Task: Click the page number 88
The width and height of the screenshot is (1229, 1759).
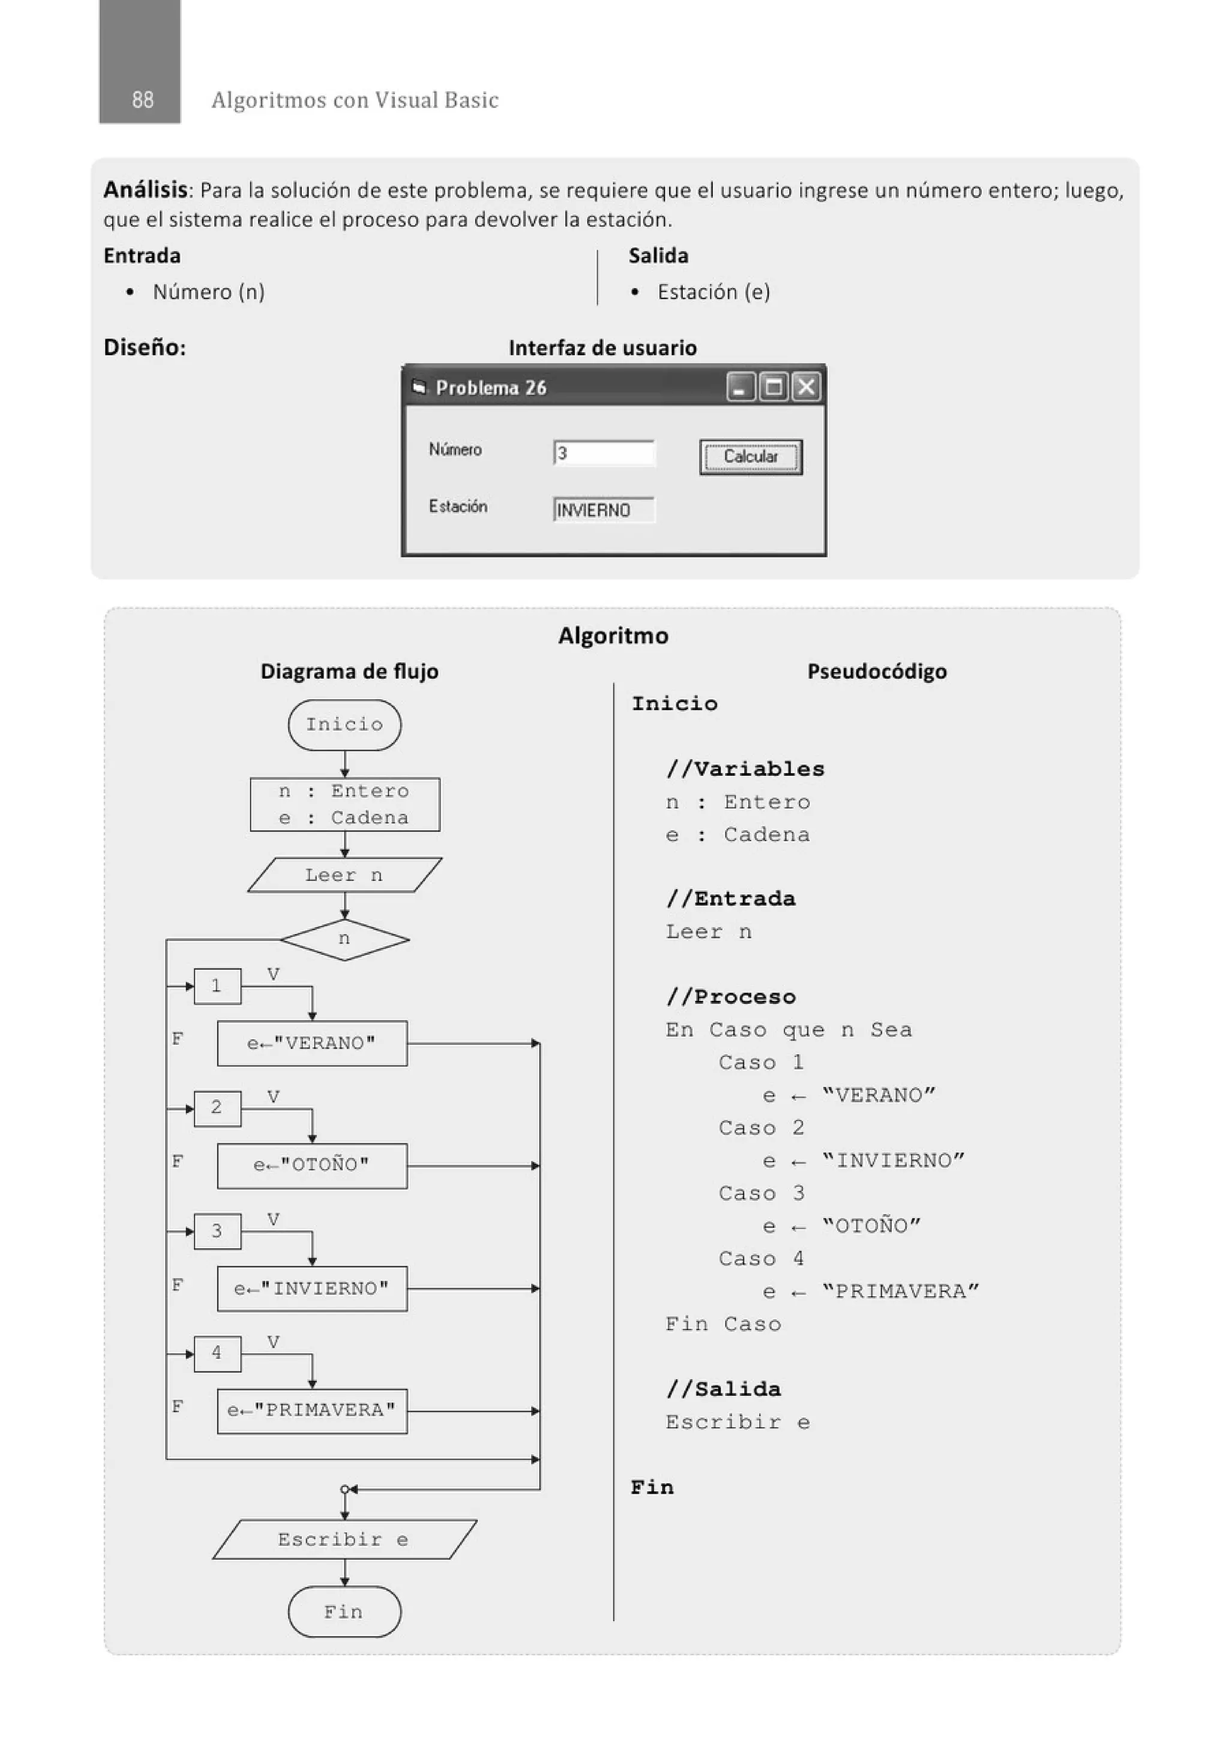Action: [142, 100]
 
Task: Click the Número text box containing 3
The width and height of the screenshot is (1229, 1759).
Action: [604, 453]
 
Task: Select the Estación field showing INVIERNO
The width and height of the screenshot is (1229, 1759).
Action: [604, 510]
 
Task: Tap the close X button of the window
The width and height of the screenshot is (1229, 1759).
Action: [806, 387]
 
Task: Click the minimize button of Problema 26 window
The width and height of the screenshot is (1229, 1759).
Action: [739, 387]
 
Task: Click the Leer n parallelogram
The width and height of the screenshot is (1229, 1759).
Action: [344, 875]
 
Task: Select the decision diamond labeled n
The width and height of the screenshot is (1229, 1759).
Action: [344, 939]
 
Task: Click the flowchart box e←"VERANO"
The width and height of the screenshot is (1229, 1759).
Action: [312, 1044]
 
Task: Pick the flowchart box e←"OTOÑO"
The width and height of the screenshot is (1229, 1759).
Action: [312, 1165]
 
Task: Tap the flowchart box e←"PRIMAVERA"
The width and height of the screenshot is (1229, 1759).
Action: [312, 1410]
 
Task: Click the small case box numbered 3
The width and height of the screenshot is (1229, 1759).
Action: [217, 1231]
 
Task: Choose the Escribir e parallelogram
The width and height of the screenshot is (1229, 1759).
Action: [344, 1540]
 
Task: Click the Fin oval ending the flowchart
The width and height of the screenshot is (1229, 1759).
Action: [344, 1613]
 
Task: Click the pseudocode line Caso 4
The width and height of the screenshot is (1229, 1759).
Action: [761, 1258]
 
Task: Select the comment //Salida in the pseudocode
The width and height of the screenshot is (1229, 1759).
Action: [723, 1389]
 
